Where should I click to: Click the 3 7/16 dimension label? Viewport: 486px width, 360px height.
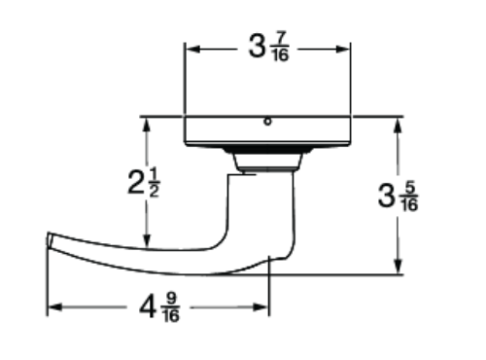pyautogui.click(x=268, y=48)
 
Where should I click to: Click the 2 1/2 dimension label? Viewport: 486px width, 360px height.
pyautogui.click(x=144, y=183)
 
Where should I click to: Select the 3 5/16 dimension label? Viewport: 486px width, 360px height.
pyautogui.click(x=399, y=197)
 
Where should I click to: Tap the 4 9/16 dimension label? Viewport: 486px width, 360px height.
pyautogui.click(x=159, y=308)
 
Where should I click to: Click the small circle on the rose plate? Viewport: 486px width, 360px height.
pyautogui.click(x=267, y=122)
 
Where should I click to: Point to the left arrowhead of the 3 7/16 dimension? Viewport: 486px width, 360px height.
pyautogui.click(x=192, y=50)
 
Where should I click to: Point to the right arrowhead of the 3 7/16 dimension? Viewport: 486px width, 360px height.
pyautogui.click(x=342, y=50)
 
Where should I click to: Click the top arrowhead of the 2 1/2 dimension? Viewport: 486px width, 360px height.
pyautogui.click(x=147, y=125)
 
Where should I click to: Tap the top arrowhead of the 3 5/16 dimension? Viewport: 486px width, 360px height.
pyautogui.click(x=399, y=125)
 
